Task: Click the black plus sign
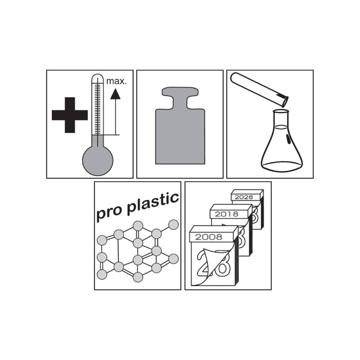[x=70, y=115]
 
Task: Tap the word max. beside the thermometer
[x=116, y=81]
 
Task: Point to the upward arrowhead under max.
[x=115, y=94]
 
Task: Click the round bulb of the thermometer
[x=98, y=160]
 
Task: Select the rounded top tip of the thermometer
[x=98, y=75]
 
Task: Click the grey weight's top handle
[x=180, y=91]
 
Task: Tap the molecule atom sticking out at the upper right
[x=174, y=225]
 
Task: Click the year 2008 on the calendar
[x=209, y=237]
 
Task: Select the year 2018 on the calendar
[x=226, y=214]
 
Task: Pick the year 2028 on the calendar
[x=244, y=197]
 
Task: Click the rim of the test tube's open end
[x=285, y=102]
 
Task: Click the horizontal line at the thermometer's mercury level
[x=106, y=135]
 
